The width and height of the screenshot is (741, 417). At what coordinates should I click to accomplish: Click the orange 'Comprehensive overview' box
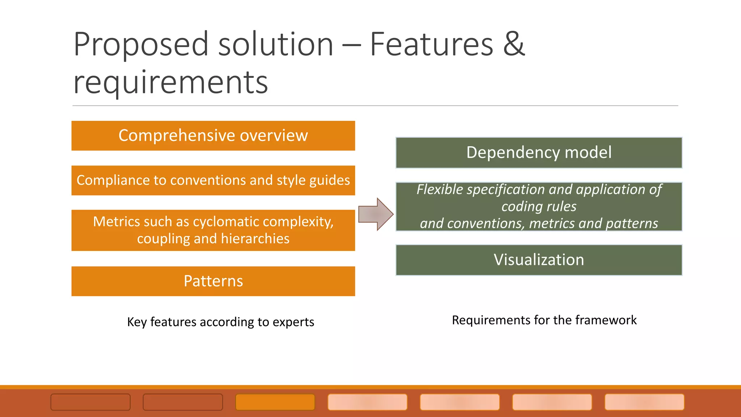213,136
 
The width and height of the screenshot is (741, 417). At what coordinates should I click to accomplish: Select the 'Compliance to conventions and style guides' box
213,180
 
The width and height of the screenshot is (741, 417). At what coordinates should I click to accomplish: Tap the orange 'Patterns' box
213,281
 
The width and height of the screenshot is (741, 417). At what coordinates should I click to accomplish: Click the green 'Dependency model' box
539,152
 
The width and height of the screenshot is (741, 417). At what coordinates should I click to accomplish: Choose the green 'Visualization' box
539,260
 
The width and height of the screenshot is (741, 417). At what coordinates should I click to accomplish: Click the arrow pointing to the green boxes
376,214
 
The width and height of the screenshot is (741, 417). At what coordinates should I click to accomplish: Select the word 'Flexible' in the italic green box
440,190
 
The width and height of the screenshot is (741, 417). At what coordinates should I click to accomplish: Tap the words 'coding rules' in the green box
539,206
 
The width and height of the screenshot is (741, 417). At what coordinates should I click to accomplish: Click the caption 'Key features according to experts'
220,322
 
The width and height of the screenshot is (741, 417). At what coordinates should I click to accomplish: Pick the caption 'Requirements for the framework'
544,320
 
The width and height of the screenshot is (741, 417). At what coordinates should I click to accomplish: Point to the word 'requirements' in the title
170,83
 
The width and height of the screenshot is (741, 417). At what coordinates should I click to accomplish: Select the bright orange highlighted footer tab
275,402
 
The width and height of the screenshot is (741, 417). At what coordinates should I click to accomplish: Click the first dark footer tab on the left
90,402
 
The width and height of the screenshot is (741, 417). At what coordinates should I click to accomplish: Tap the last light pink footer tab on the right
644,402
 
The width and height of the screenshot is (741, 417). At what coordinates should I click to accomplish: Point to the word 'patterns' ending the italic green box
632,223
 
